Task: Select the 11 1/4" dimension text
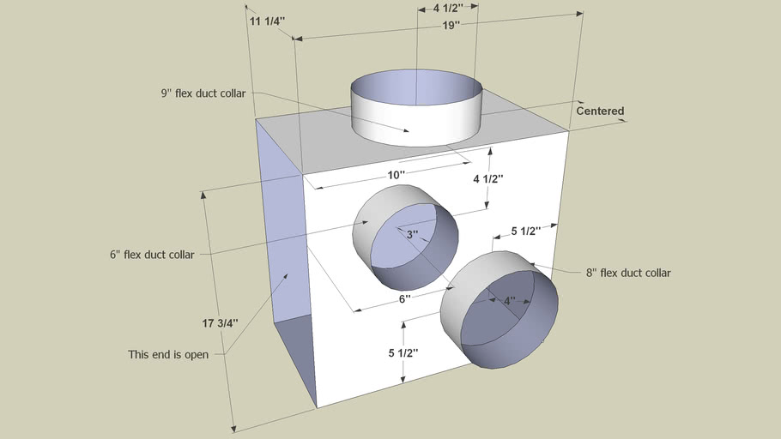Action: click(x=266, y=21)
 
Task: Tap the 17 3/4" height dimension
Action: click(x=221, y=323)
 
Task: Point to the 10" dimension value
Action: click(x=396, y=175)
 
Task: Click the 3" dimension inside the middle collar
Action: click(x=412, y=234)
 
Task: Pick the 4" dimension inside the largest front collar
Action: click(x=509, y=301)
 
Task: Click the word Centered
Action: click(x=600, y=111)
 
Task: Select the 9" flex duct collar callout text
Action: click(x=208, y=93)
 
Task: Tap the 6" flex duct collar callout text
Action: click(x=152, y=255)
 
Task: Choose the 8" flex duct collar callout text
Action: click(x=628, y=273)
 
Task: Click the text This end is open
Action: click(x=168, y=354)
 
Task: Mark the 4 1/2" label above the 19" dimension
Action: click(x=448, y=9)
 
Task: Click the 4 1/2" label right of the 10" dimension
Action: click(x=488, y=179)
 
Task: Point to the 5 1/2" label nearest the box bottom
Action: click(x=406, y=353)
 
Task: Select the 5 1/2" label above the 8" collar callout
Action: click(x=524, y=232)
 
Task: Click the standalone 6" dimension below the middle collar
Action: click(x=405, y=299)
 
